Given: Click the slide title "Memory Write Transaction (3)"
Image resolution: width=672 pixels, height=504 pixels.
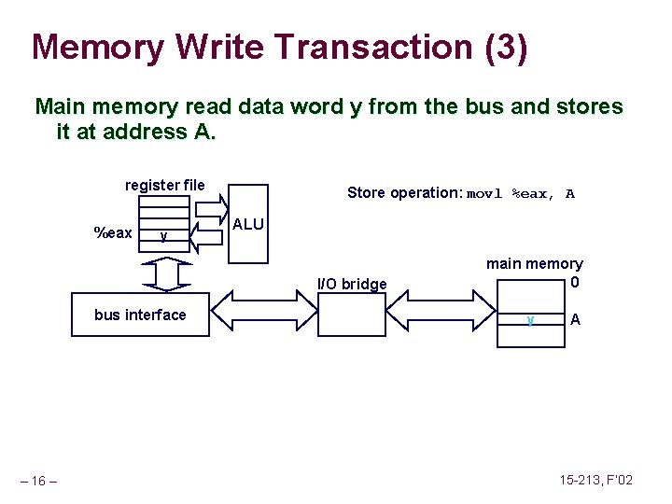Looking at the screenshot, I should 280,47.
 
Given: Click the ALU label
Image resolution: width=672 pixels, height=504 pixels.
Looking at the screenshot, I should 247,224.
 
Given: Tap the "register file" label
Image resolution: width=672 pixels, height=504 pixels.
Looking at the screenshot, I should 164,185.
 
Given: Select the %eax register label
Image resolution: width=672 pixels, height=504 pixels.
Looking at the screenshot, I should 113,232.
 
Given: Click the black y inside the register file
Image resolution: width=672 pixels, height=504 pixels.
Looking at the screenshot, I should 163,235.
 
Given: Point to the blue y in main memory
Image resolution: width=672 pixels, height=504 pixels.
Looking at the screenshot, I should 529,319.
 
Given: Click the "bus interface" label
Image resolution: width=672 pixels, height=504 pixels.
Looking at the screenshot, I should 140,315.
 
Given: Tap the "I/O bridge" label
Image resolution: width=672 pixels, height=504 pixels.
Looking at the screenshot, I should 352,284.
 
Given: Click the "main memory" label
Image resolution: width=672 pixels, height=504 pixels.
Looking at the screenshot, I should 534,264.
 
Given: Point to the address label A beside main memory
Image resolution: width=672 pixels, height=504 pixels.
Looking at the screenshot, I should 575,319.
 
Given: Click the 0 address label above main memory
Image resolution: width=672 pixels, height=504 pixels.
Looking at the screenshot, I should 575,282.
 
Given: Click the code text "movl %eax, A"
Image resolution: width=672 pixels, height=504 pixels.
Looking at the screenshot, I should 521,194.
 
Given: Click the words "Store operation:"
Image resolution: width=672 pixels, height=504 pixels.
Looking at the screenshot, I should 404,193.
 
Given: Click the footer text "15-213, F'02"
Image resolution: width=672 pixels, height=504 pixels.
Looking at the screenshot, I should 595,480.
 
